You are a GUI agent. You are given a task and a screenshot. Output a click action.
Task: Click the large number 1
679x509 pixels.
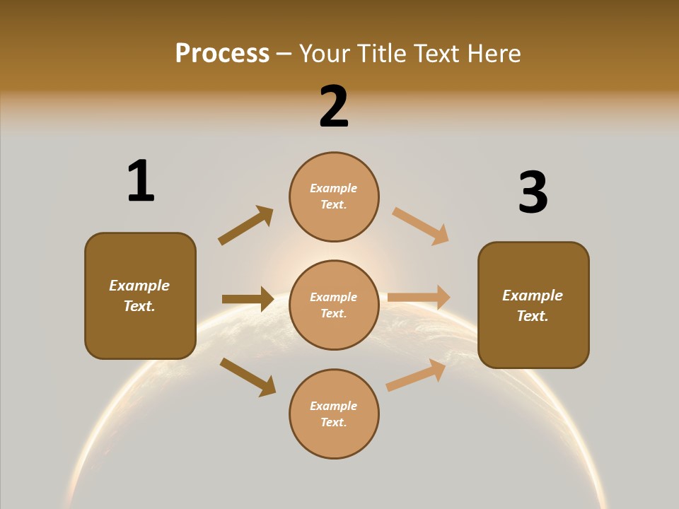click(x=141, y=181)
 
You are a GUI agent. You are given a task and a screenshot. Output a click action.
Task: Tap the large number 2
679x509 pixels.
click(x=334, y=107)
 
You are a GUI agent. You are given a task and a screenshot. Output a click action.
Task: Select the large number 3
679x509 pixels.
click(x=533, y=192)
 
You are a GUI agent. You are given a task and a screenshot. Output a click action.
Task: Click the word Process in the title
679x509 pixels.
click(x=222, y=53)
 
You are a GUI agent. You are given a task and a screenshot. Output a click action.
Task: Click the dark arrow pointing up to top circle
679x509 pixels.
click(x=245, y=226)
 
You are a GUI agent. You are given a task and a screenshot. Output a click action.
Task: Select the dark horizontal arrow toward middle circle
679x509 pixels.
click(x=248, y=299)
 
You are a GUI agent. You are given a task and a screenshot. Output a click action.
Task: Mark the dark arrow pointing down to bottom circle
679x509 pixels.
click(x=248, y=377)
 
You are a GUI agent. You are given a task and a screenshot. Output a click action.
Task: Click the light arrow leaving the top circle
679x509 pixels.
click(x=420, y=226)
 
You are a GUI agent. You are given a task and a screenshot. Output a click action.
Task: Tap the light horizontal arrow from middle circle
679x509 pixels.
click(x=419, y=298)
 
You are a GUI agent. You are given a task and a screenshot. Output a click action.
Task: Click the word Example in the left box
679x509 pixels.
click(x=139, y=286)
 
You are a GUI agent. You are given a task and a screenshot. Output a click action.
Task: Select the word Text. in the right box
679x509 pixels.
click(x=533, y=316)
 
